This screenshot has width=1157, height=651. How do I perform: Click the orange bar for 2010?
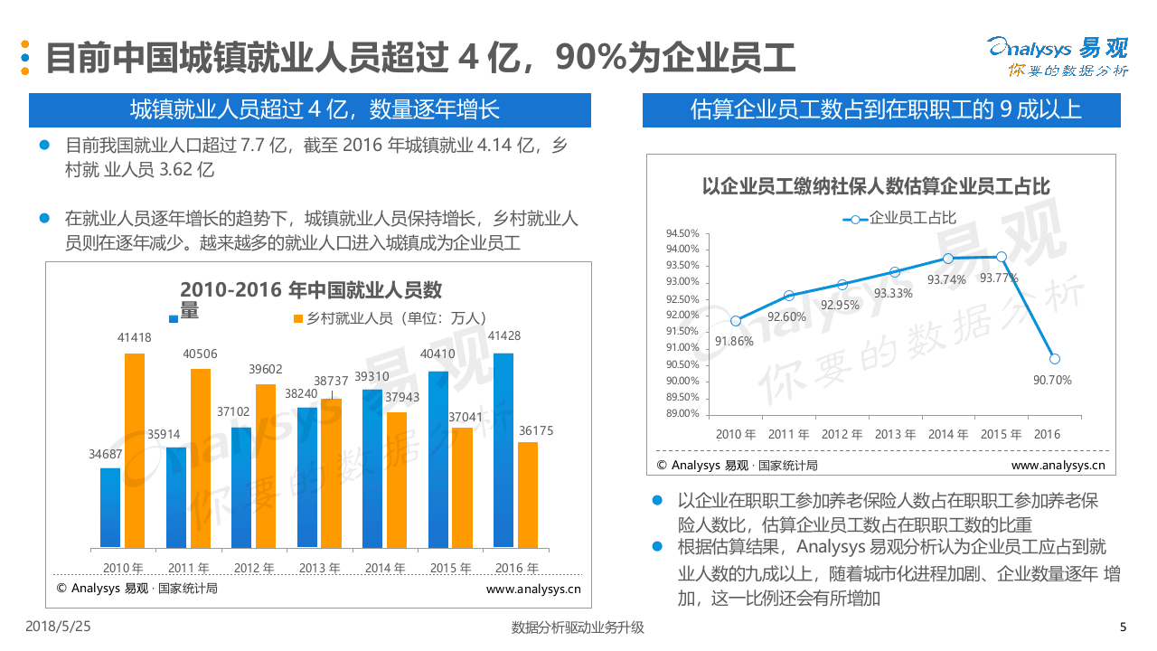coord(134,450)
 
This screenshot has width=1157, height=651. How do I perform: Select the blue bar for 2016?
coord(503,450)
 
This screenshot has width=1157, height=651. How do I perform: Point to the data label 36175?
coord(535,431)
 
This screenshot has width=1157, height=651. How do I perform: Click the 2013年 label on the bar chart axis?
coord(319,569)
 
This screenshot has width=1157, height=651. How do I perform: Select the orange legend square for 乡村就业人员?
coord(297,318)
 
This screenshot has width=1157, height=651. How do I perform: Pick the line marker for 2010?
coord(736,321)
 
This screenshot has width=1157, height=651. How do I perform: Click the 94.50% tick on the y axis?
coord(682,232)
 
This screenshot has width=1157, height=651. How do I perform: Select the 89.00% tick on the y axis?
coord(682,413)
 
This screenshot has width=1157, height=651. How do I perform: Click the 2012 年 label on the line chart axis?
coord(842,435)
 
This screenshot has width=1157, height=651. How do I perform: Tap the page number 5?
coord(1123,627)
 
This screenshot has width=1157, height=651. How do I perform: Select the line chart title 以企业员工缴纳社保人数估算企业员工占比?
coord(876,187)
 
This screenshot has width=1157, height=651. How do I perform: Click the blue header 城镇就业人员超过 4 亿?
coord(309,110)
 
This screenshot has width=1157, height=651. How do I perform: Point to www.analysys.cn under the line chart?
coord(1058,466)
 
